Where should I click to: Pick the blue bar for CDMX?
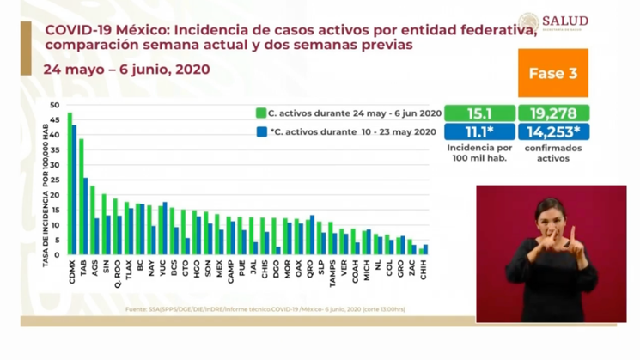pos(75,190)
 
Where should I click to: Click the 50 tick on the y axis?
pos(55,106)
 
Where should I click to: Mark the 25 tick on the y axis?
pos(55,180)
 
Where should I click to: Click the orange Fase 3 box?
pos(553,73)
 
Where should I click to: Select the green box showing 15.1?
pos(478,113)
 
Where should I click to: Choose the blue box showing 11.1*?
pos(478,131)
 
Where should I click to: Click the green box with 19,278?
pos(552,113)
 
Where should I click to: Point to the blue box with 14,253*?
pos(552,131)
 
